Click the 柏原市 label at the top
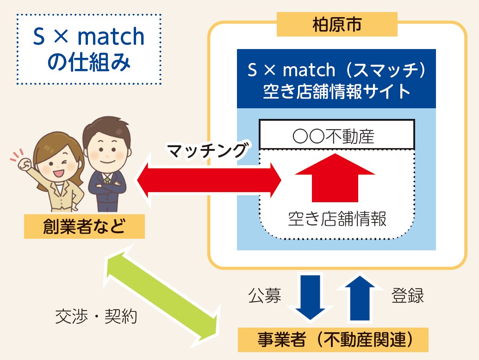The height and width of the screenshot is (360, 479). pos(336,25)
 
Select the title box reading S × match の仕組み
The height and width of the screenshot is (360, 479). pos(89,50)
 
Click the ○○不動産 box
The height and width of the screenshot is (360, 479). pos(336,136)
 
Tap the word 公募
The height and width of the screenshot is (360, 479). pos(265,295)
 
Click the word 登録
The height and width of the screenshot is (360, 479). pos(408,295)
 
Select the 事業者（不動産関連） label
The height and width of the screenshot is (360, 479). pos(333,340)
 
